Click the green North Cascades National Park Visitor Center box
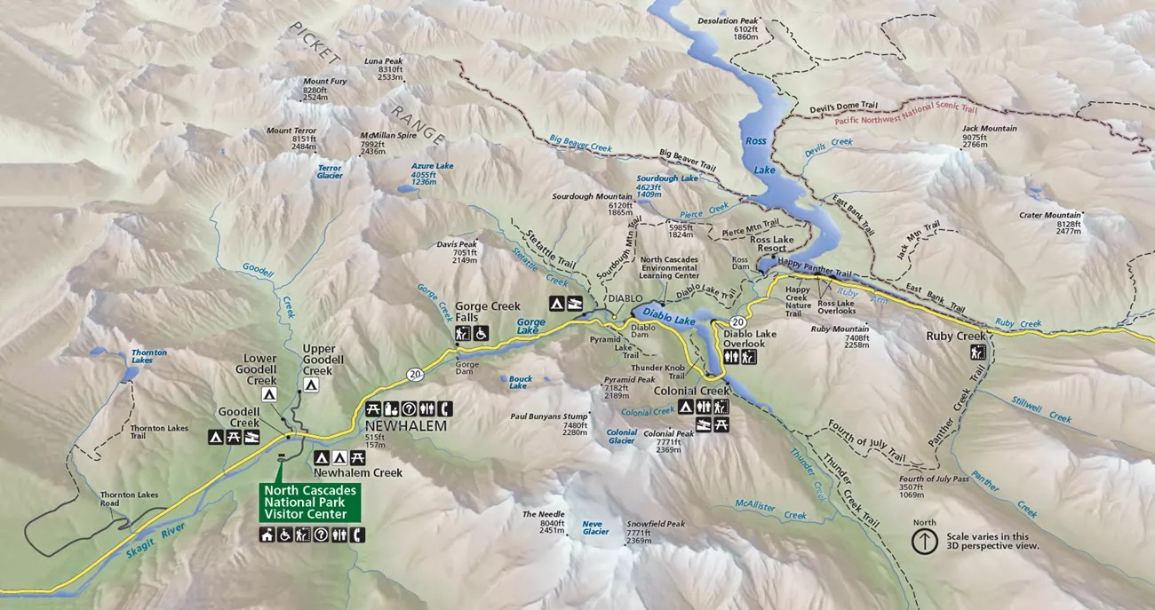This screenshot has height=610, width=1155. (310, 503)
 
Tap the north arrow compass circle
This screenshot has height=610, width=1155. (925, 541)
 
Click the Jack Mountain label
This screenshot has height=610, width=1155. (989, 129)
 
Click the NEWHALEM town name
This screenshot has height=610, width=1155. (404, 426)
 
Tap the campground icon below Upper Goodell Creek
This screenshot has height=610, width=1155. (311, 385)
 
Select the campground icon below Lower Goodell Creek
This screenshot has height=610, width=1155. (268, 394)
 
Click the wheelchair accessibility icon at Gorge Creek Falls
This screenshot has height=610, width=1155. (481, 334)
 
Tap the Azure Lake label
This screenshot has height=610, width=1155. (432, 166)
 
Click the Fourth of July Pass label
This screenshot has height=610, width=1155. (934, 479)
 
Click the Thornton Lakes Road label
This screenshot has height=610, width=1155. (122, 499)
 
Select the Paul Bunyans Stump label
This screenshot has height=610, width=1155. (549, 416)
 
